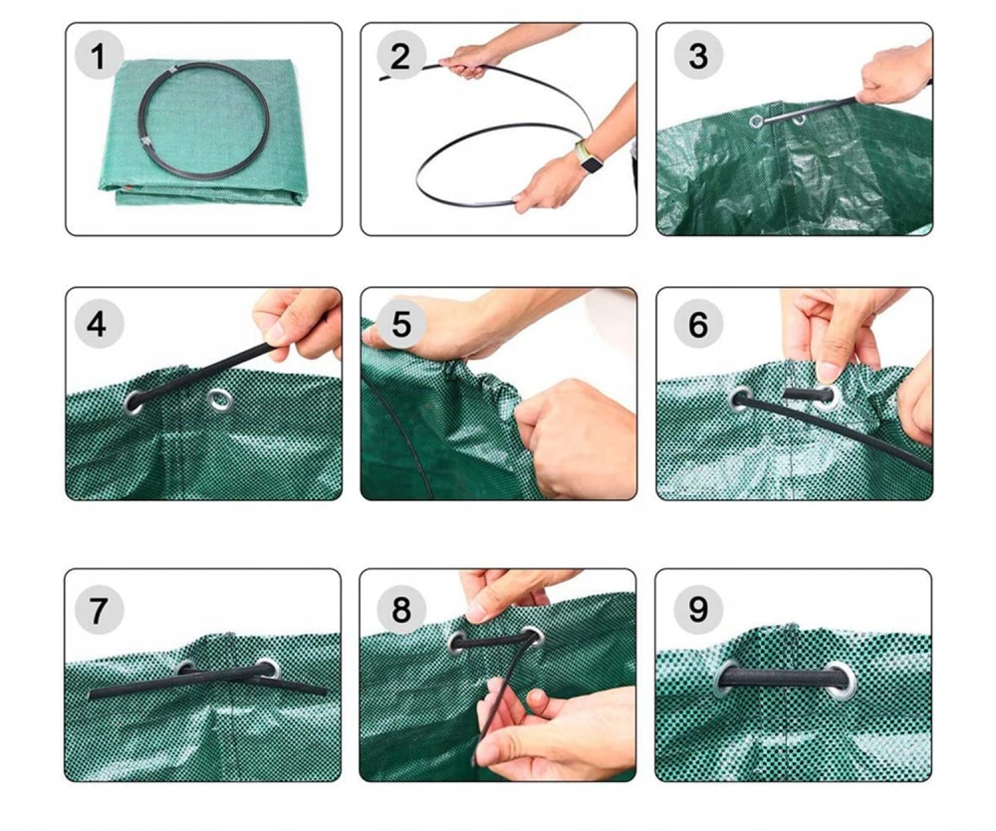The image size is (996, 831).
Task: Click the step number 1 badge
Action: pyautogui.click(x=99, y=56)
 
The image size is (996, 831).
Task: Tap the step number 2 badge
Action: pyautogui.click(x=400, y=56)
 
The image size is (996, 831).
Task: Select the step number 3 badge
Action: pyautogui.click(x=698, y=56)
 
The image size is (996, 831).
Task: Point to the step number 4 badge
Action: pyautogui.click(x=99, y=324)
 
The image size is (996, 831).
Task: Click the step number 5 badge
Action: pyautogui.click(x=400, y=324)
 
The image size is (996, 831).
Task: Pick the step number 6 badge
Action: pyautogui.click(x=698, y=324)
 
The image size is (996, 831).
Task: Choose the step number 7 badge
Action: pyautogui.click(x=99, y=610)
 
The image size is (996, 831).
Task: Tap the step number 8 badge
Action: pyautogui.click(x=400, y=610)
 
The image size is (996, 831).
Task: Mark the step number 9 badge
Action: pyautogui.click(x=698, y=610)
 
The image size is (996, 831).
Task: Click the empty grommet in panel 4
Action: pyautogui.click(x=220, y=401)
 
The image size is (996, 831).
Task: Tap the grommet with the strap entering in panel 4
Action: pyautogui.click(x=134, y=403)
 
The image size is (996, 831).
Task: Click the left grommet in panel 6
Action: pyautogui.click(x=741, y=399)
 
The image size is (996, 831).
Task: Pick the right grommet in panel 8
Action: pyautogui.click(x=532, y=637)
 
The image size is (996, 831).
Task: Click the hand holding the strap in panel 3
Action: pyautogui.click(x=894, y=75)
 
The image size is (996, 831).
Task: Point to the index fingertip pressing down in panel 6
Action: pyautogui.click(x=828, y=371)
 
